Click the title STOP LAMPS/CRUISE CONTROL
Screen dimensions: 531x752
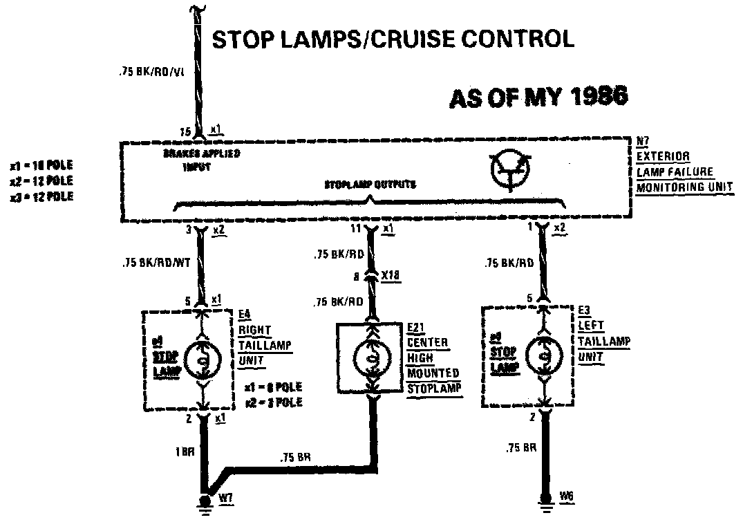(x=393, y=39)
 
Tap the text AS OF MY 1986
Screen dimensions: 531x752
(x=538, y=97)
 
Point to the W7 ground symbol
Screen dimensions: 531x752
(x=205, y=503)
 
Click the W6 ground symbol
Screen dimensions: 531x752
(x=545, y=503)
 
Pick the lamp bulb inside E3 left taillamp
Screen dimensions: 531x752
(x=544, y=357)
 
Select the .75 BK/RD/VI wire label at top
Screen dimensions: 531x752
(x=150, y=70)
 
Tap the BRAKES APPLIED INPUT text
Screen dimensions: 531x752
(x=202, y=160)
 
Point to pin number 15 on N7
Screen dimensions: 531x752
(x=185, y=131)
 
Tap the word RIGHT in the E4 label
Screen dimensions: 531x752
(x=254, y=330)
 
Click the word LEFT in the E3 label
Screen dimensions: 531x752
(x=591, y=325)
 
